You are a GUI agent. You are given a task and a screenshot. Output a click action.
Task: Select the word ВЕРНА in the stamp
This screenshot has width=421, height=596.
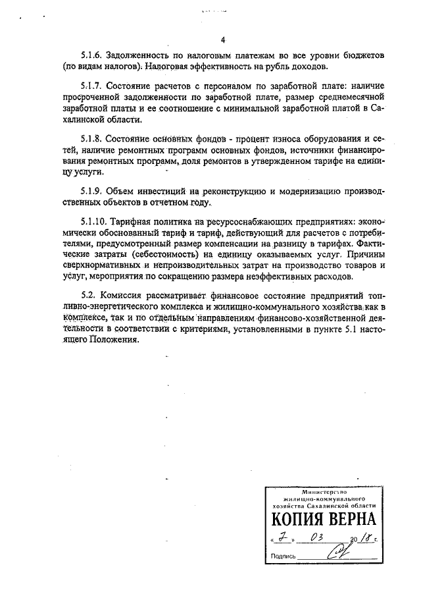click(353, 520)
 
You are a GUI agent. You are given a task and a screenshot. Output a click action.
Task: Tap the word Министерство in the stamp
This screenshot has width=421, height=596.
click(324, 492)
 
